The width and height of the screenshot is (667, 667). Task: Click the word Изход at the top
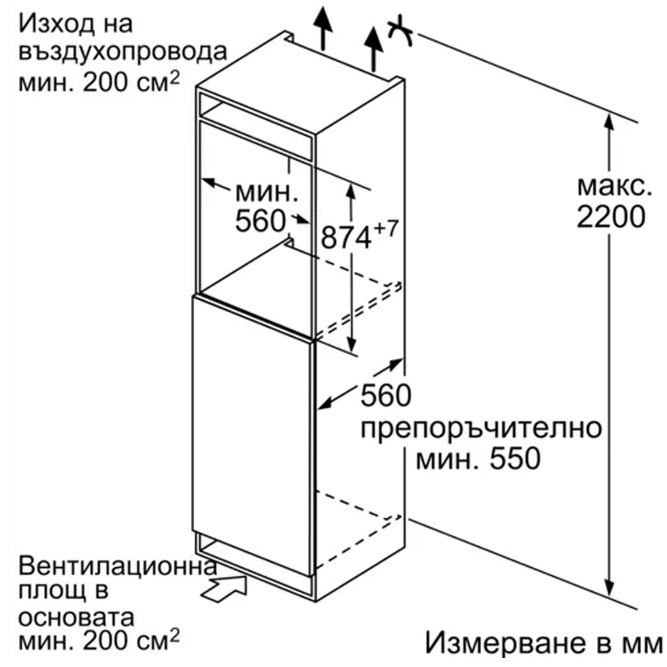pos(56,25)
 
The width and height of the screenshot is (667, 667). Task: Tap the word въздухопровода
pos(123,53)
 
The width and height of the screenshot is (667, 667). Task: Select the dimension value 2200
pos(611,217)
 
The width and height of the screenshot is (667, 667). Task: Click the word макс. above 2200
pos(614,187)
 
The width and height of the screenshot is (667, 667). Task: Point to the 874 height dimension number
pos(346,238)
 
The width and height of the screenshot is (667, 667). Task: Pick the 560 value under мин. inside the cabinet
pos(260,221)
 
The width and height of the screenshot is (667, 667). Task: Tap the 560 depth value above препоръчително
pos(386,395)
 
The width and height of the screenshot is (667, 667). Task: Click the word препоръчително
pos(481,429)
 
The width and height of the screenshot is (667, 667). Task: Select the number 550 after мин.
pos(515,459)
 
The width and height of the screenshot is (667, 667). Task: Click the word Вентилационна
pos(118,565)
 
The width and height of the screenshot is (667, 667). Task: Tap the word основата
pos(76,618)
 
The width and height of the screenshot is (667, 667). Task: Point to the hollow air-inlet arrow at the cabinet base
pos(224,589)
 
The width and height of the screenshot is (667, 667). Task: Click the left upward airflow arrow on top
pos(323,28)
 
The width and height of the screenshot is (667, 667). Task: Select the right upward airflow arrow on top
pos(374,49)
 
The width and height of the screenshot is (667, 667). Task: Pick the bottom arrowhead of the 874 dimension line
pos(351,344)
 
